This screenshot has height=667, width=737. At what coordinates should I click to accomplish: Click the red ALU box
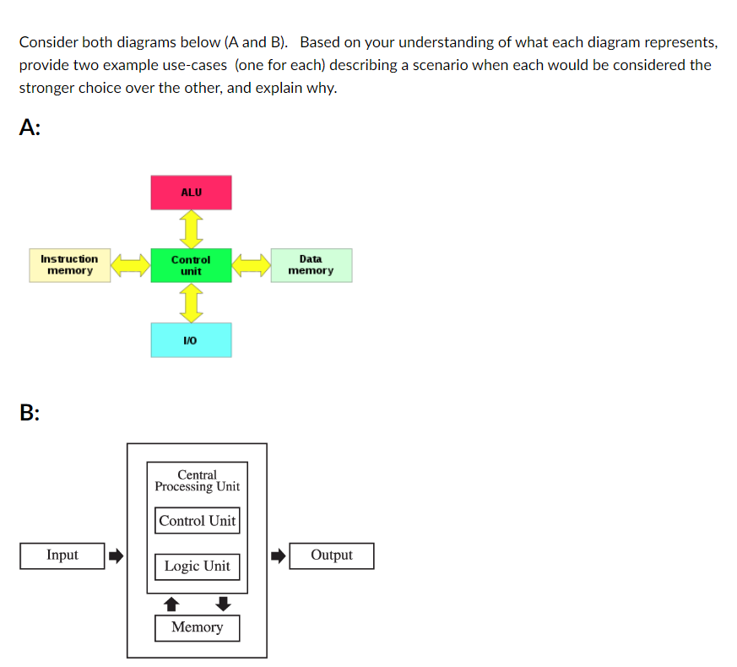point(191,193)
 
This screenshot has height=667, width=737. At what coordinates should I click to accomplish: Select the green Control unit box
point(191,265)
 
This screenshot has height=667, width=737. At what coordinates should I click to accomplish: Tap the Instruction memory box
point(70,265)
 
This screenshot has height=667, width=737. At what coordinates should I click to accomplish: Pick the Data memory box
point(311,265)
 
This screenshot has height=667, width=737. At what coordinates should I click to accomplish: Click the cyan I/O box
point(191,339)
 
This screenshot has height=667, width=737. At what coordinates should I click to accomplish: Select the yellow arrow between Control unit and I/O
point(192,302)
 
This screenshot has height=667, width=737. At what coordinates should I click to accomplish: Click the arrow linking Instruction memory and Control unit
point(131,266)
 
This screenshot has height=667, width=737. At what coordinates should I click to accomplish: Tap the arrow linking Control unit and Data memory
point(252,266)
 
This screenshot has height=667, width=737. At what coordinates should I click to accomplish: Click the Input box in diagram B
point(62,556)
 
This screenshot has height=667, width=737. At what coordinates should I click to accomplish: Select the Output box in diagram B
point(331,556)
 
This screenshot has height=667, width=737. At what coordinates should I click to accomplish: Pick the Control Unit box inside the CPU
point(198,521)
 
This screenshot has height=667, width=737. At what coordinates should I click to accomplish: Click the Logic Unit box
point(197,566)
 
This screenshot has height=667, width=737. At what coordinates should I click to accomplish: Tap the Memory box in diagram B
point(197,627)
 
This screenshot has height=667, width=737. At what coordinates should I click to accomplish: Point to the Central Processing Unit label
point(197,480)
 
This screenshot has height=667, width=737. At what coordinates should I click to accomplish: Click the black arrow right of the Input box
point(116,556)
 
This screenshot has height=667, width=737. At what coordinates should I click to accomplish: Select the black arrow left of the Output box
point(278,556)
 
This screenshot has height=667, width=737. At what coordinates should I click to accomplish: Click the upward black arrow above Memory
point(171,603)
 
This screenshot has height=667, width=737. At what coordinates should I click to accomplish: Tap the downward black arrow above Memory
point(223,603)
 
